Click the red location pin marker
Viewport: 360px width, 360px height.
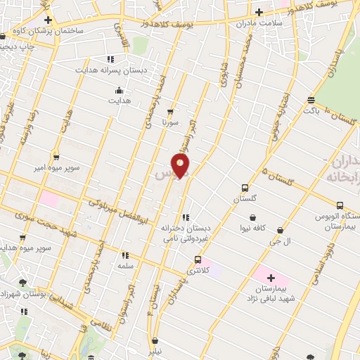[x=181, y=166]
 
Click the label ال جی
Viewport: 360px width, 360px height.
[x=281, y=240]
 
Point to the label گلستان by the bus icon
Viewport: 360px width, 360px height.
[x=244, y=199]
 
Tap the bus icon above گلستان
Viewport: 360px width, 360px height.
[x=244, y=188]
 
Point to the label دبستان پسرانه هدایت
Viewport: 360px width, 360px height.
[x=109, y=70]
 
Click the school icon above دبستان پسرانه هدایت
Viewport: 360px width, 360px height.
[x=109, y=59]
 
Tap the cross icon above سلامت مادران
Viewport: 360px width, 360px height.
[x=259, y=11]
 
